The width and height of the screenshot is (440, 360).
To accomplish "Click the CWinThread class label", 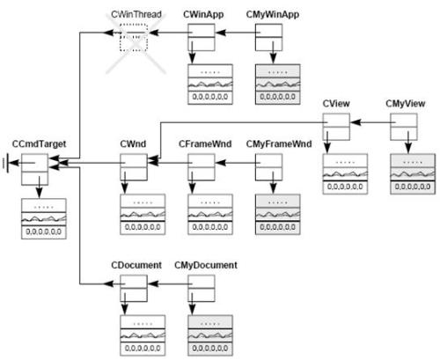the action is pyautogui.click(x=136, y=14).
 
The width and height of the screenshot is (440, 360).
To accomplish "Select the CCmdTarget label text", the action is pyautogui.click(x=39, y=143).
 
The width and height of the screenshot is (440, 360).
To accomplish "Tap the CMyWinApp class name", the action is pyautogui.click(x=273, y=15).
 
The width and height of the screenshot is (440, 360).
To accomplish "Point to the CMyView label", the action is pyautogui.click(x=406, y=104).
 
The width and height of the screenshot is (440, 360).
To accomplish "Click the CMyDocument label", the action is pyautogui.click(x=206, y=265).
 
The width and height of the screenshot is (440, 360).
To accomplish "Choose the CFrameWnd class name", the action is pyautogui.click(x=205, y=143).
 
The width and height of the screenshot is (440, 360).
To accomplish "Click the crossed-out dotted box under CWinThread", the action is pyautogui.click(x=134, y=38).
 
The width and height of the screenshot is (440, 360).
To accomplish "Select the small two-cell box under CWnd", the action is pyautogui.click(x=134, y=167).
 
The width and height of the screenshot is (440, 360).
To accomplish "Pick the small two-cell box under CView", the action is pyautogui.click(x=336, y=127).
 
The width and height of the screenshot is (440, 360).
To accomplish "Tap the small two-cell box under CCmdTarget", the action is pyautogui.click(x=34, y=170).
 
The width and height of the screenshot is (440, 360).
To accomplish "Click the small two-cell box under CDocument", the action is pyautogui.click(x=134, y=289).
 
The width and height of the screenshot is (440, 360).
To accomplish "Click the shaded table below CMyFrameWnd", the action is pyautogui.click(x=278, y=215).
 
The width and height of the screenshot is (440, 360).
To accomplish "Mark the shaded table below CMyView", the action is pyautogui.click(x=413, y=174).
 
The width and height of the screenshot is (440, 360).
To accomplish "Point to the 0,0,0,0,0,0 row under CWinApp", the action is pyautogui.click(x=210, y=97).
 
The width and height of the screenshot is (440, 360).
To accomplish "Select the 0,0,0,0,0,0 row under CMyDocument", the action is pyautogui.click(x=210, y=349).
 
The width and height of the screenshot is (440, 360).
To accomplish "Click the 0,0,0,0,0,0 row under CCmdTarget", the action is pyautogui.click(x=44, y=232).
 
